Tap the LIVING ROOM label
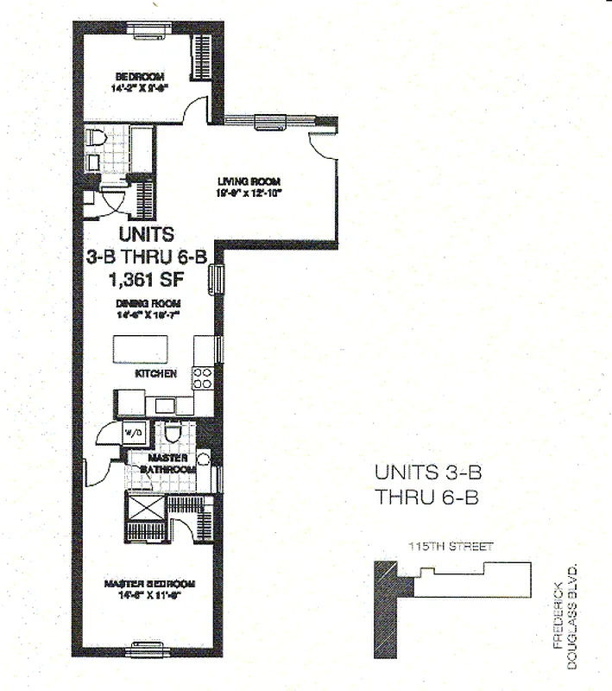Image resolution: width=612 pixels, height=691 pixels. point(245,181)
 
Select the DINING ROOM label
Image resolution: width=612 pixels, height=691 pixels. point(149,304)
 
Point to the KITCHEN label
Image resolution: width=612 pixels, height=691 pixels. point(156,374)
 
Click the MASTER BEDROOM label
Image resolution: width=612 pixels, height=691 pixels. point(149,584)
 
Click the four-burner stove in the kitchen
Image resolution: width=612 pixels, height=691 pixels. point(202,377)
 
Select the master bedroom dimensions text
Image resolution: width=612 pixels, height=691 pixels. point(149,595)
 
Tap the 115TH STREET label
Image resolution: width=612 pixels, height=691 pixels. point(451,547)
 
